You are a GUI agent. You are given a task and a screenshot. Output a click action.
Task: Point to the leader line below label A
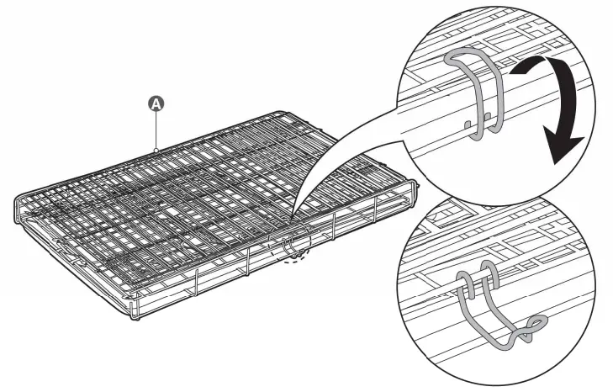point(156,130)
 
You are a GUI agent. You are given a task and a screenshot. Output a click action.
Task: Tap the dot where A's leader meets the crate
point(156,150)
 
